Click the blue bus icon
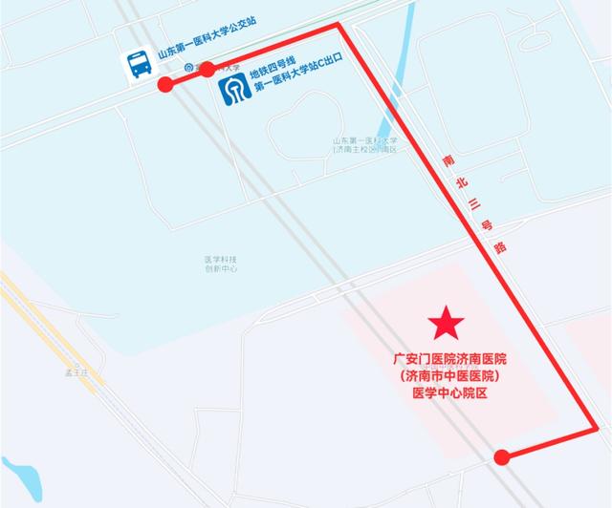point(141,64)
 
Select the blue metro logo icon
point(234,89)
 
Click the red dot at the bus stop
point(165,84)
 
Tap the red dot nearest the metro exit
point(208,69)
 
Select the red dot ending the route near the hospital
point(502,457)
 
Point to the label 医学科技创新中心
point(220,265)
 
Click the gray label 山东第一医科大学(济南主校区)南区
point(363,144)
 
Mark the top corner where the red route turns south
point(339,25)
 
